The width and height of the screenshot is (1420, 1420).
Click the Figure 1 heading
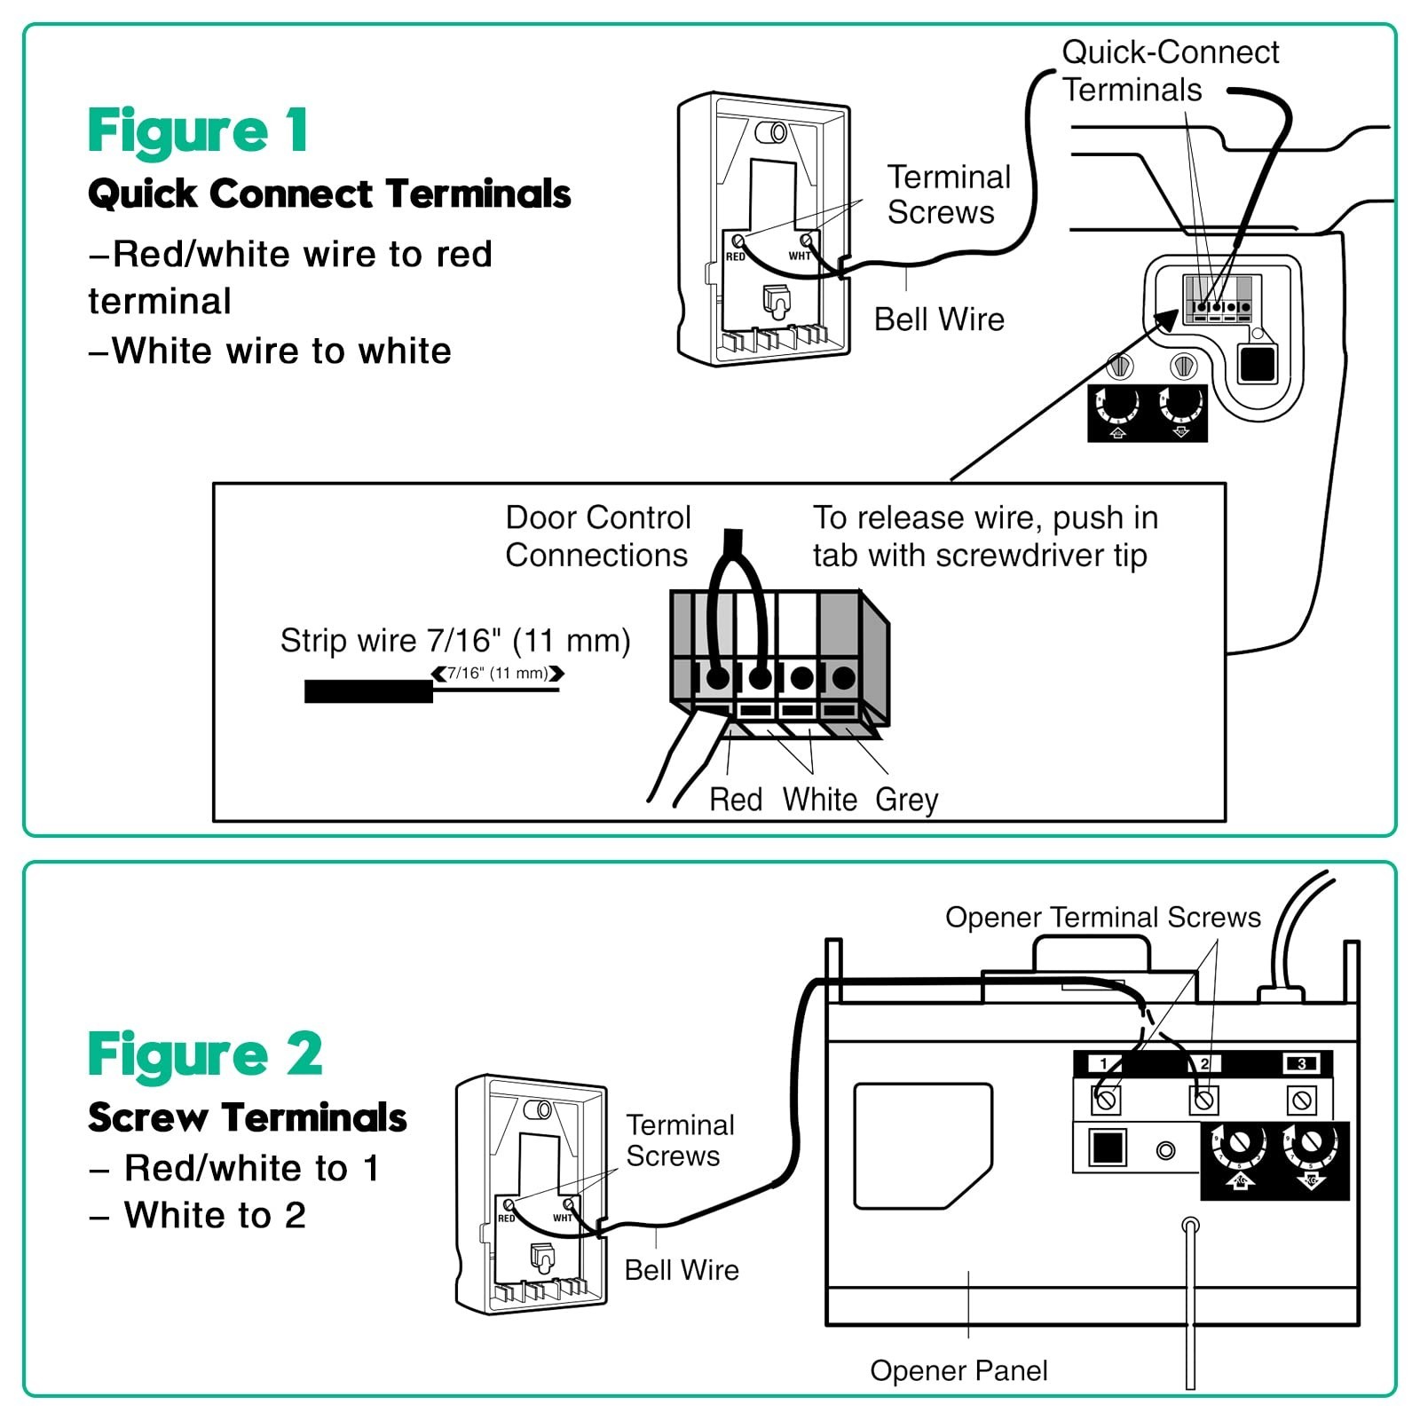point(198,131)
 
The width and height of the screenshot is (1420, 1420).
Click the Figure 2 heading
point(205,1054)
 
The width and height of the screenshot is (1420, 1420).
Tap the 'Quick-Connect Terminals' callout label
point(1171,71)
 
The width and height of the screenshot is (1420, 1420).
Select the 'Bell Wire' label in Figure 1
point(939,319)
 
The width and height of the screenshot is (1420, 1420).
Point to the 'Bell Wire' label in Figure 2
point(682,1270)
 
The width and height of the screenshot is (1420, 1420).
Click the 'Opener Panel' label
point(958,1370)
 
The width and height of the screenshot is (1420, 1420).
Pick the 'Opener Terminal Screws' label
point(1103,917)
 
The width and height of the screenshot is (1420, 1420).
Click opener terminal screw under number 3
point(1302,1100)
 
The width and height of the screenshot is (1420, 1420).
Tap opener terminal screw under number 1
point(1106,1100)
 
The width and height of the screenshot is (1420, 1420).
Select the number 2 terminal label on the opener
point(1204,1063)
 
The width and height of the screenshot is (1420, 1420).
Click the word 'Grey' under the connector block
point(906,800)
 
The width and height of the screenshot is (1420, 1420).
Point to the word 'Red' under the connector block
point(736,800)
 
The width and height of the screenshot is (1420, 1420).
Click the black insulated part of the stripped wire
point(368,691)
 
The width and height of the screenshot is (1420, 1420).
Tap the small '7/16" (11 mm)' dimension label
point(498,673)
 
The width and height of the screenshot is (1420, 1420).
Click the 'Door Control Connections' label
point(597,536)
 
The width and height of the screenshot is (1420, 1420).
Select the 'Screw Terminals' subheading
point(248,1117)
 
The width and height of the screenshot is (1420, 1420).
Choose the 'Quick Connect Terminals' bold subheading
point(329,193)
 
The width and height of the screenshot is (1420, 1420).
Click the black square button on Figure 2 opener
point(1108,1148)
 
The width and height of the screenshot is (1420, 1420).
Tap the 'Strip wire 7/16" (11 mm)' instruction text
point(455,640)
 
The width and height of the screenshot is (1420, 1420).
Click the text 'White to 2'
point(215,1215)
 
